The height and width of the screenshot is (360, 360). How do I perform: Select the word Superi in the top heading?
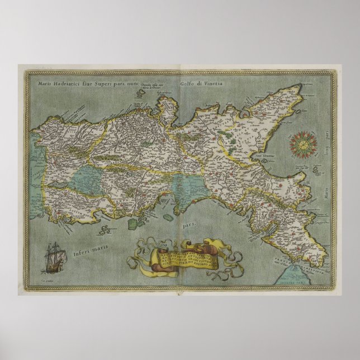[x=116, y=84]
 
